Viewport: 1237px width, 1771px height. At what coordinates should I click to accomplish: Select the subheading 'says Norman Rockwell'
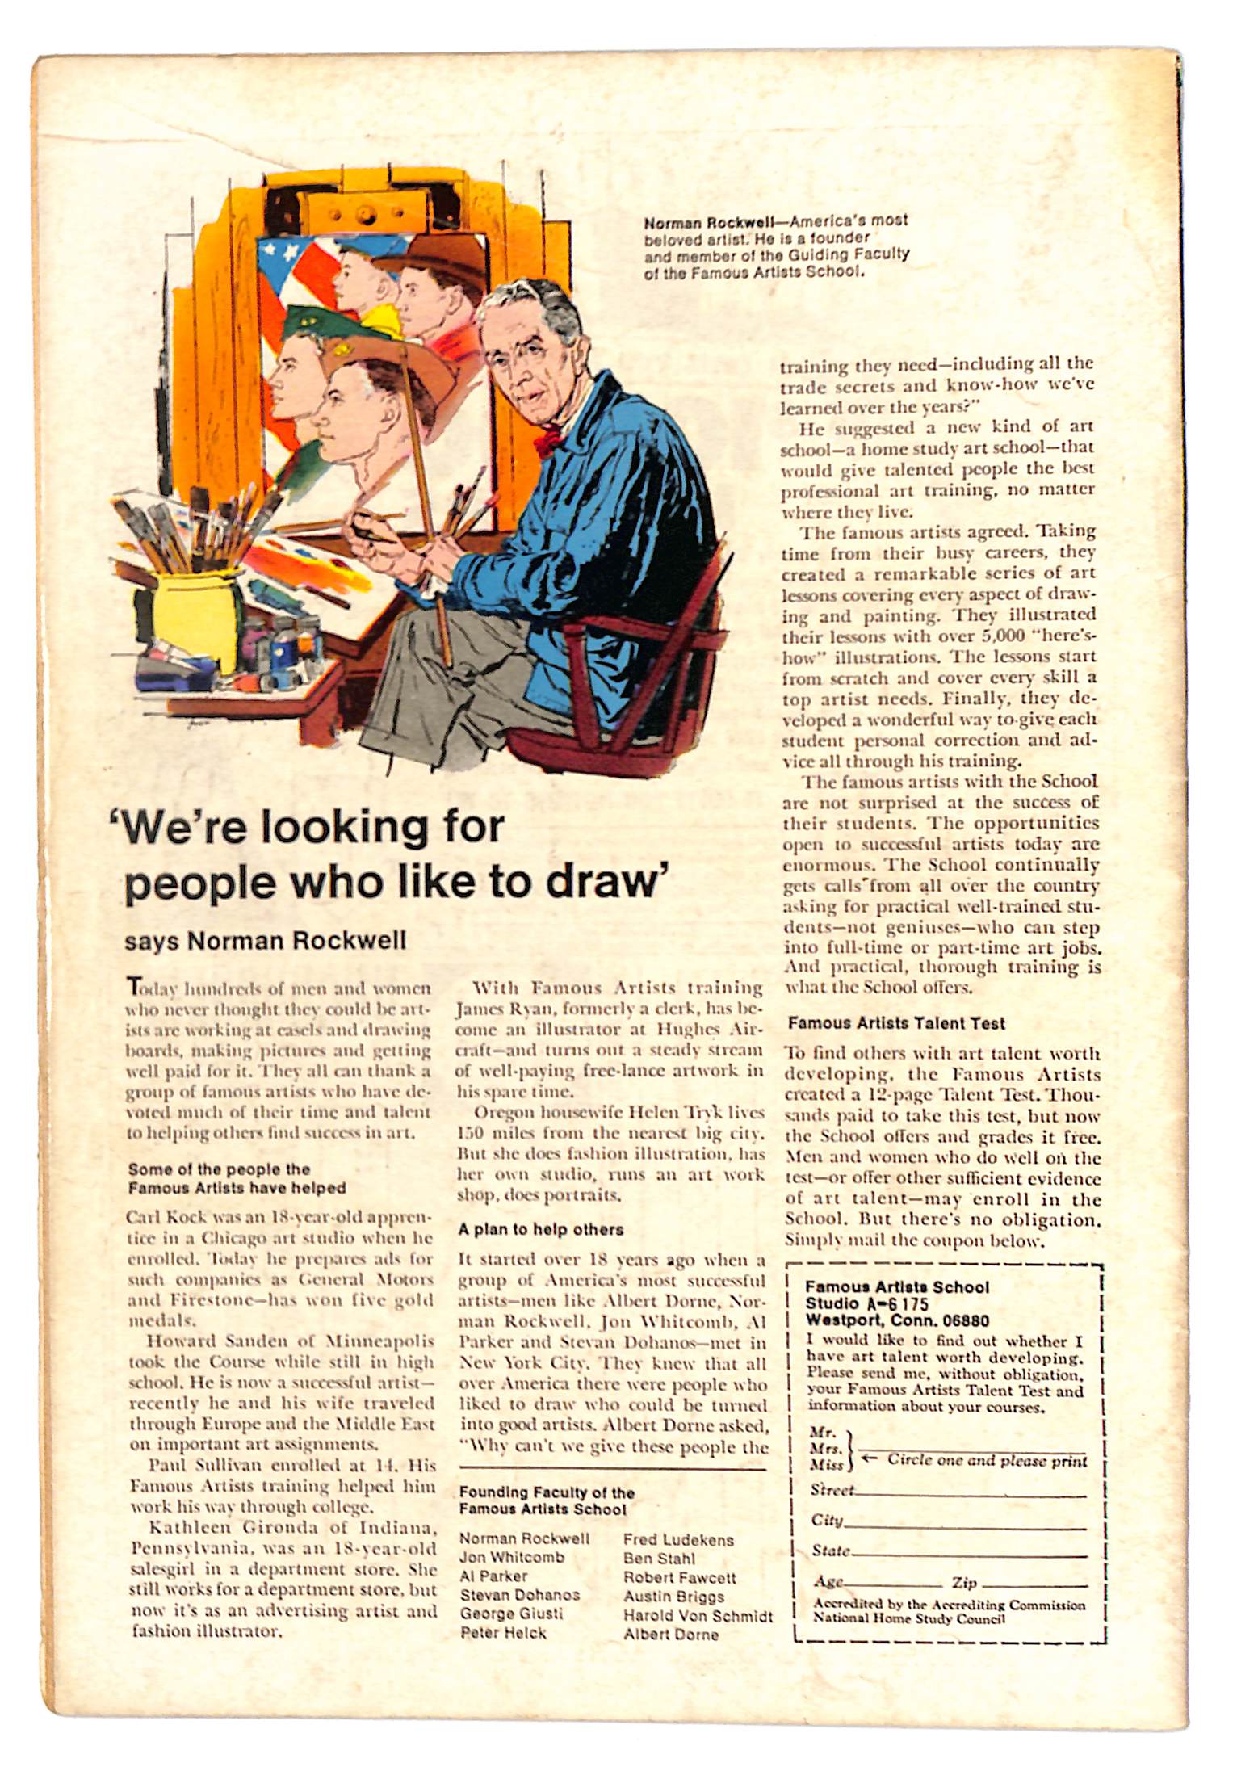[x=265, y=941]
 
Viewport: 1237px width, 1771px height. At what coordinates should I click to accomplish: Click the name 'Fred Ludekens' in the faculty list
[x=678, y=1540]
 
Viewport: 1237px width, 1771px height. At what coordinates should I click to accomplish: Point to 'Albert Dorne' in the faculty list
[x=670, y=1635]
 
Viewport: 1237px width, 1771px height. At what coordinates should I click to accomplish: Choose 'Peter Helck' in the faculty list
[x=503, y=1633]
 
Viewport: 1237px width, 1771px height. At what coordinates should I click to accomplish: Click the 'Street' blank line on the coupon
[x=969, y=1495]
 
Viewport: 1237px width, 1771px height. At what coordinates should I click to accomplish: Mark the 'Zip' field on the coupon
[x=1034, y=1586]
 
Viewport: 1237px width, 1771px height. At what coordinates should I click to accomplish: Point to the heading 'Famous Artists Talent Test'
[x=896, y=1023]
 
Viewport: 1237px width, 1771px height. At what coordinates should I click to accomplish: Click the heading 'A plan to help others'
[x=540, y=1229]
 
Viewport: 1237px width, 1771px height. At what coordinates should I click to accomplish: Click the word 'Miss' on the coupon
[x=827, y=1464]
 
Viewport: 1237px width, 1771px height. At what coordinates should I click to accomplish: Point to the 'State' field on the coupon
[x=969, y=1555]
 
